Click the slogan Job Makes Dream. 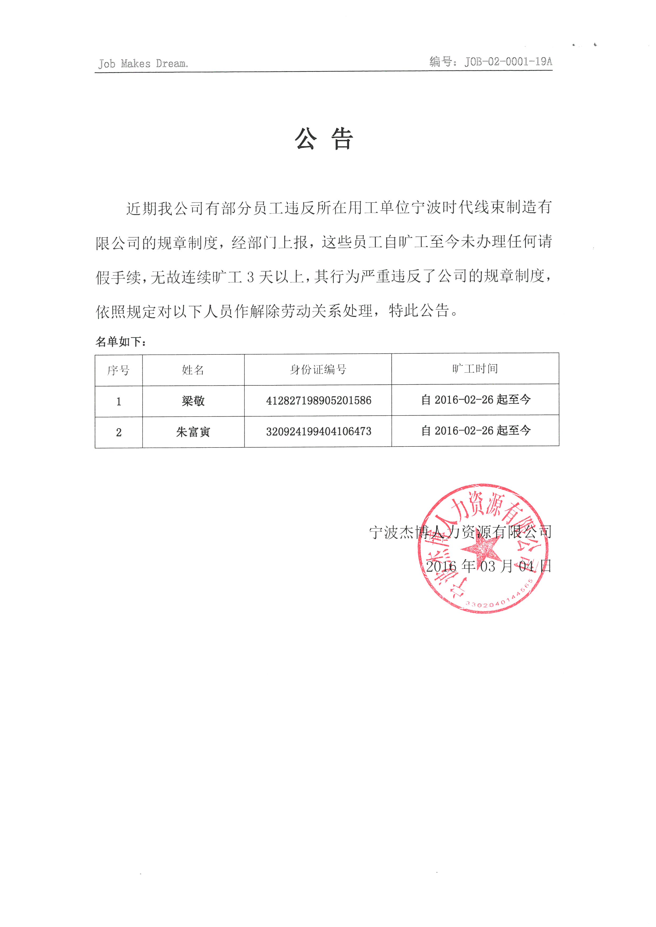click(x=143, y=64)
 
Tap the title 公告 click(x=324, y=139)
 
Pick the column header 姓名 click(x=193, y=370)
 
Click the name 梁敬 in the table click(x=193, y=401)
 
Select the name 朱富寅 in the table click(x=193, y=432)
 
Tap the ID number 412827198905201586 click(x=318, y=400)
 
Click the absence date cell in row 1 click(x=475, y=400)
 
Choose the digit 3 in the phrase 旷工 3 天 click(x=250, y=277)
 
